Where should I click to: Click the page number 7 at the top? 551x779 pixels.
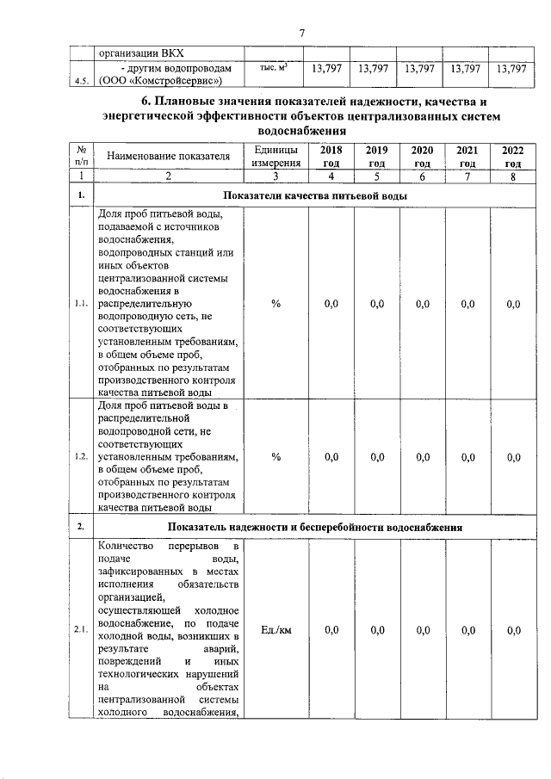coord(302,33)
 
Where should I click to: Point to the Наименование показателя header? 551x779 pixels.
coord(169,157)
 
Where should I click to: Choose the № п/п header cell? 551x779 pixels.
coord(81,156)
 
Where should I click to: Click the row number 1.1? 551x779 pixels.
coord(81,304)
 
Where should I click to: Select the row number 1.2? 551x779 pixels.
coord(81,457)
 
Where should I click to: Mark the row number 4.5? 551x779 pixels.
coord(81,82)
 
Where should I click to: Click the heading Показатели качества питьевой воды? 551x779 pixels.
coord(314,196)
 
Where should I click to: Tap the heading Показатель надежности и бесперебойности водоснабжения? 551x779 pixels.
coord(316,526)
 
